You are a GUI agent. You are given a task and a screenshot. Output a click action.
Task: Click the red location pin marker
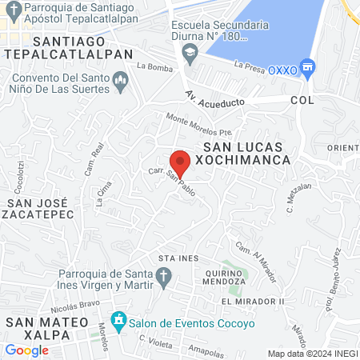180,162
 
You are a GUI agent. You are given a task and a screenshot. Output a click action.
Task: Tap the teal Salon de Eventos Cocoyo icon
119,321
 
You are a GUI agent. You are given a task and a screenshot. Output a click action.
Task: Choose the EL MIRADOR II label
253,301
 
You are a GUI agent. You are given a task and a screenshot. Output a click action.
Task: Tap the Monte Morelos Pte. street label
198,124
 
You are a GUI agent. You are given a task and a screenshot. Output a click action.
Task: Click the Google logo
27,350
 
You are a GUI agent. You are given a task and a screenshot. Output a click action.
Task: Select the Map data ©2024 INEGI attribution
311,354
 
